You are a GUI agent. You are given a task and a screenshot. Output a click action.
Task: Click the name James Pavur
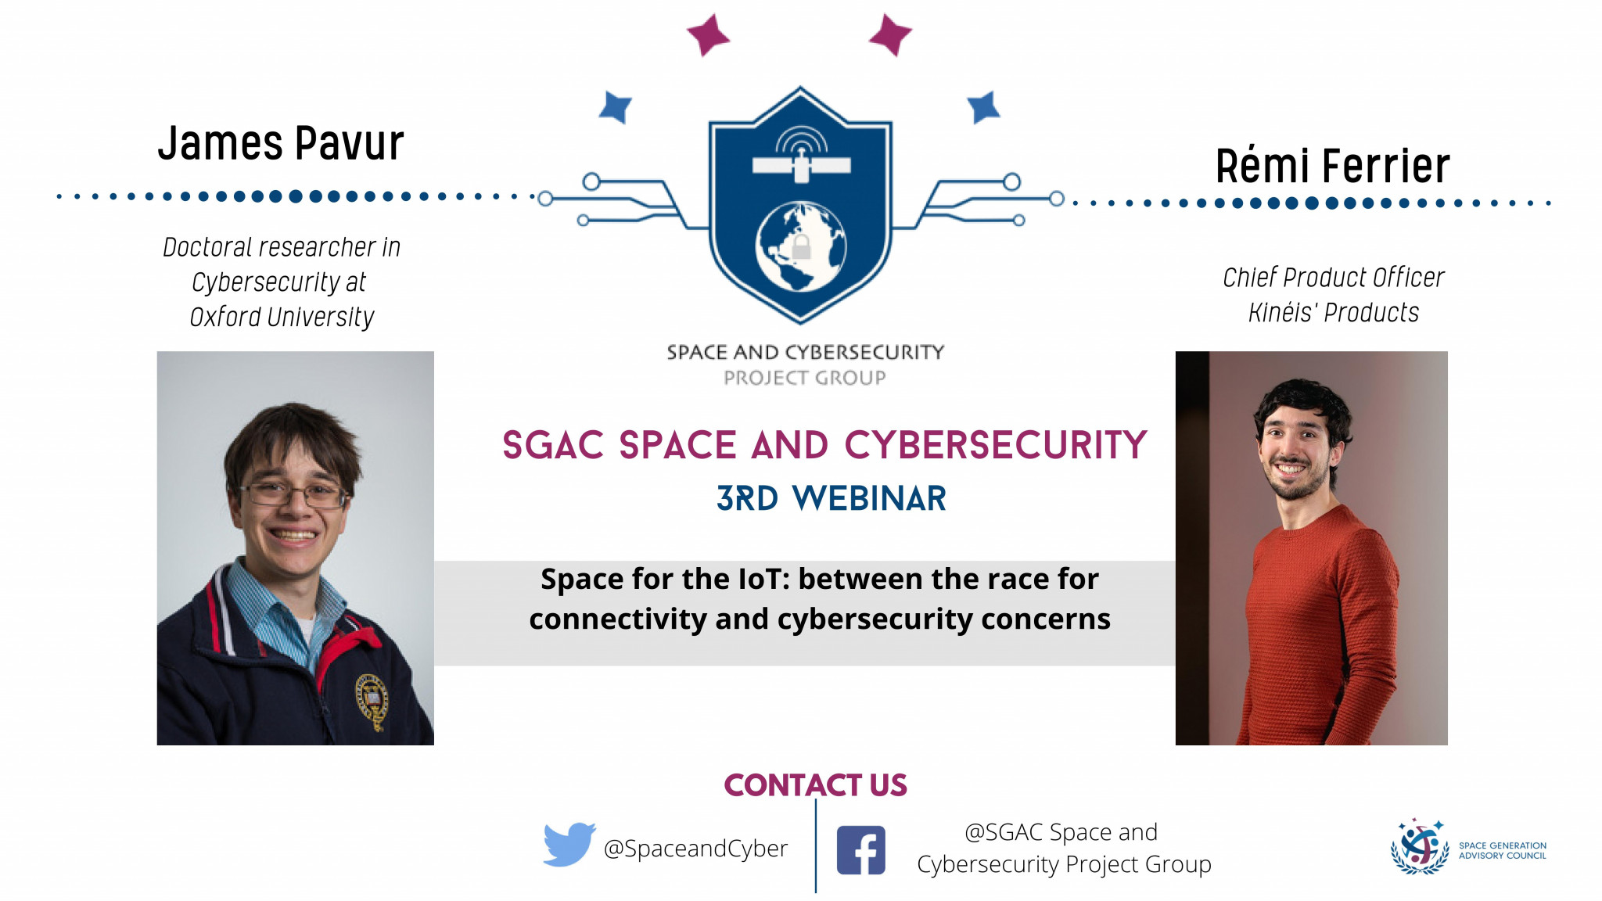(x=281, y=143)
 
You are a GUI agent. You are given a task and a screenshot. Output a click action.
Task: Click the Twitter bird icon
(x=569, y=844)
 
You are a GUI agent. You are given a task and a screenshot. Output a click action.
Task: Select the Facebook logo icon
(x=861, y=849)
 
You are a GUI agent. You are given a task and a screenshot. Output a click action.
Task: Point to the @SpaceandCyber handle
(x=695, y=849)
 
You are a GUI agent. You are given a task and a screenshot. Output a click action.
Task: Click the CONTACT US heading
(x=815, y=784)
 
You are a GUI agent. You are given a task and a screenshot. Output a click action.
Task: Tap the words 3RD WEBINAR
(x=832, y=498)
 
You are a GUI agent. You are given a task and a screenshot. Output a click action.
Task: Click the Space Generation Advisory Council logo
(x=1468, y=846)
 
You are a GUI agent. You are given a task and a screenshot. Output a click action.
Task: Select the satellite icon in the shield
(x=801, y=156)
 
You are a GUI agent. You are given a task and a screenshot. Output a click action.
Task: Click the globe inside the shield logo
(x=801, y=247)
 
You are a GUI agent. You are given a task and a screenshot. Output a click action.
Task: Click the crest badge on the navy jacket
(x=372, y=700)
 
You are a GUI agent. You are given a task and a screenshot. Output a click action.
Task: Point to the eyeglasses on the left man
(x=293, y=494)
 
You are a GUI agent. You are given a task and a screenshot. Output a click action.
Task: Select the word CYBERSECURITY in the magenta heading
(x=996, y=445)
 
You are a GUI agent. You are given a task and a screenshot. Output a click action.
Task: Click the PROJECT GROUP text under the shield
(x=805, y=378)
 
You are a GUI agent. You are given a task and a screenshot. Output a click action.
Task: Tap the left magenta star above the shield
(x=708, y=35)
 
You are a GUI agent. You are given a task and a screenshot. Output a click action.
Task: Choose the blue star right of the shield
(x=984, y=107)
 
